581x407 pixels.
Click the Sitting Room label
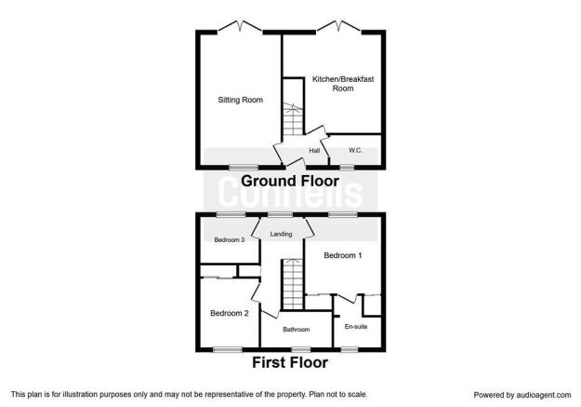click(240, 100)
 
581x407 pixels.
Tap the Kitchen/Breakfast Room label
click(343, 84)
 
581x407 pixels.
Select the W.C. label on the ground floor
click(355, 150)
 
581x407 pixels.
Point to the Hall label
click(314, 150)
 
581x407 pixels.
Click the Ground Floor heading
click(290, 182)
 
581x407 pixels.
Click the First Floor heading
click(290, 362)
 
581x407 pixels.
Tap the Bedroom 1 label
click(343, 255)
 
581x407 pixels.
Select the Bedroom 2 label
click(230, 313)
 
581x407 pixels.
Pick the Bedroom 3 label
click(230, 240)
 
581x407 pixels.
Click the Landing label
click(281, 234)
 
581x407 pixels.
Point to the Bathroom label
click(296, 330)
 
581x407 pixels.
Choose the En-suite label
click(356, 327)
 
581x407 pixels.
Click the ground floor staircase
click(293, 119)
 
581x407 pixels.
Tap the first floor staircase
click(293, 284)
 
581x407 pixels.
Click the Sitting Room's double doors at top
click(240, 26)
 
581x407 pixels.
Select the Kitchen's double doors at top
click(339, 26)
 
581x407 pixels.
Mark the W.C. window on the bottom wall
click(347, 168)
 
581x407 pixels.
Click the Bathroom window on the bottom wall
click(301, 349)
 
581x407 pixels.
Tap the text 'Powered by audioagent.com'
click(522, 395)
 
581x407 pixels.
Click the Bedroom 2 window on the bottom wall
click(228, 349)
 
